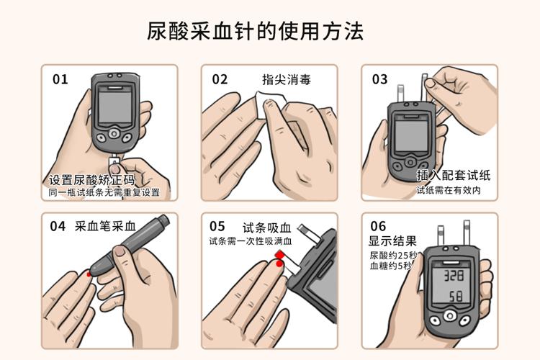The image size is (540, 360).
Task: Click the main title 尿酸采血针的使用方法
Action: coord(255,32)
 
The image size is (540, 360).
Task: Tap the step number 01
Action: coord(60,79)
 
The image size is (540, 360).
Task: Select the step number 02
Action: coord(220,79)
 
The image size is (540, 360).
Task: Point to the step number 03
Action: coord(380,79)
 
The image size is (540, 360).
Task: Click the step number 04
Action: coord(58,226)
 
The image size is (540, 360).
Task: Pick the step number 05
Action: coord(217,226)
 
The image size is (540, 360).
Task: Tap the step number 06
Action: coord(378,226)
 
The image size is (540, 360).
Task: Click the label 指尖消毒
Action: coord(287,80)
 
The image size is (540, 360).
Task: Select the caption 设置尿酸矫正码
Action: coord(91,179)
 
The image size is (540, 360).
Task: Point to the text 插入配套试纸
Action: coord(454,175)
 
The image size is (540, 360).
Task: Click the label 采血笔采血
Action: coord(105,226)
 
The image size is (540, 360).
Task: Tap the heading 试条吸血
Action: coord(267,228)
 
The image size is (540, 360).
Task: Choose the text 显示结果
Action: coord(392,240)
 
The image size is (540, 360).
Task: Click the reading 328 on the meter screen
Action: coord(454,276)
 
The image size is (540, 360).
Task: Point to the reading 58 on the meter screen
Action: coord(456,296)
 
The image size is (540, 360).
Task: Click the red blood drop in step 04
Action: coord(89,274)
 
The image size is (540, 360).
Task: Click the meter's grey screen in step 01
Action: coord(114,106)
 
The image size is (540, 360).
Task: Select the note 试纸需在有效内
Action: coord(449,190)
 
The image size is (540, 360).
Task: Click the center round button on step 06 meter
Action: coord(449,315)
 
